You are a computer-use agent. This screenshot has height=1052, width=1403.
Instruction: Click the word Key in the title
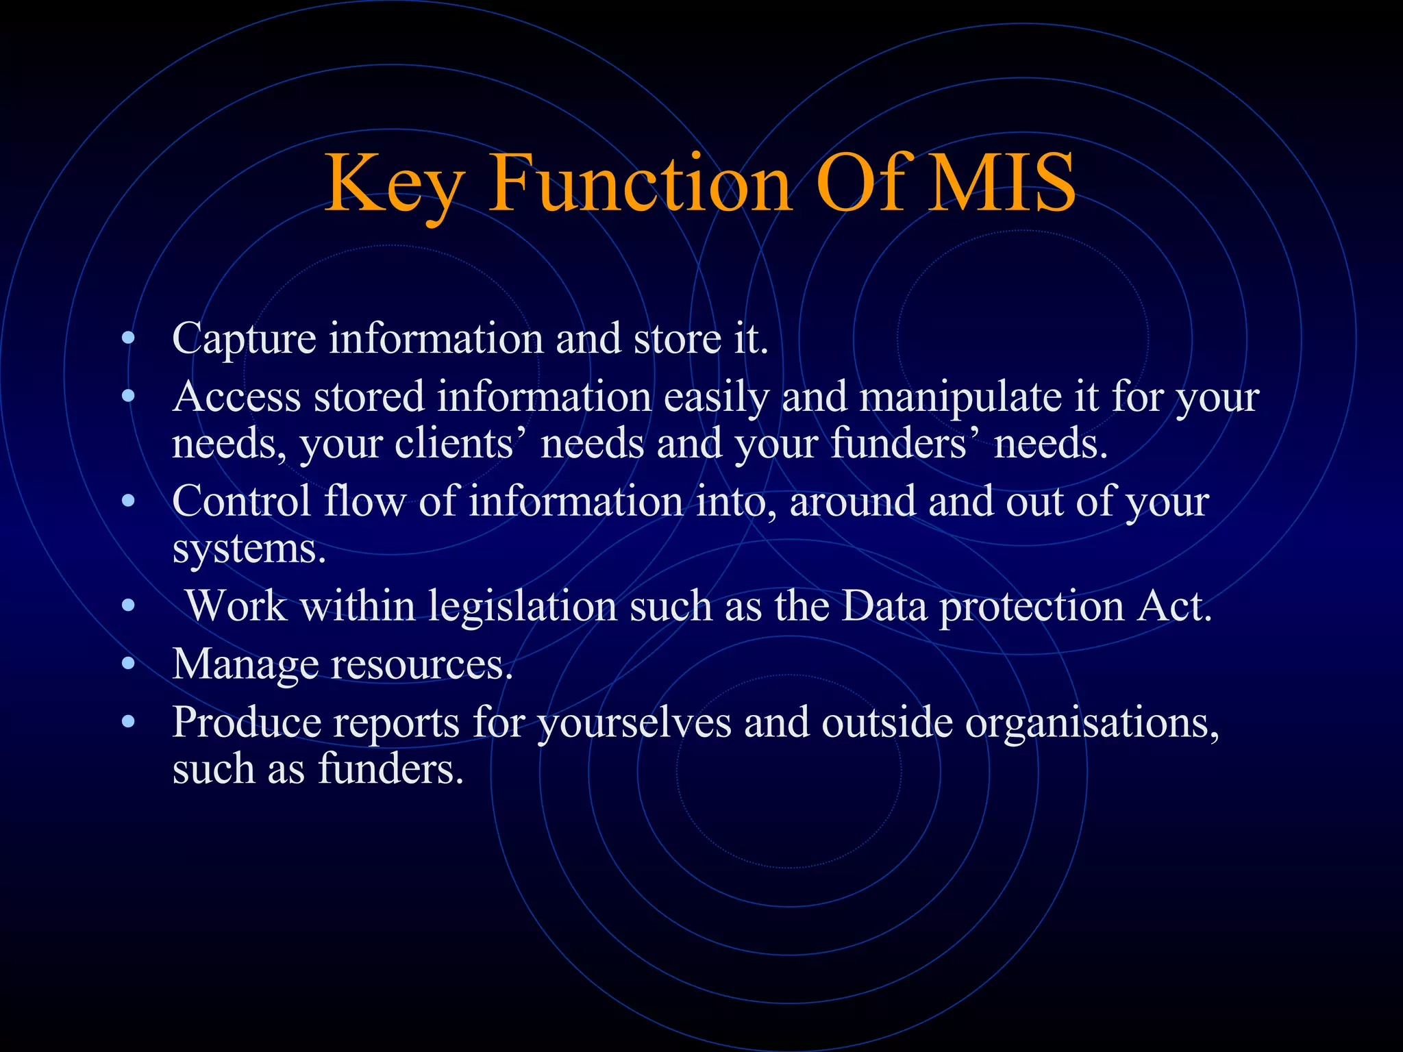point(394,184)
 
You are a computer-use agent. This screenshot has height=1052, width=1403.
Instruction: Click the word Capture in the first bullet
point(244,338)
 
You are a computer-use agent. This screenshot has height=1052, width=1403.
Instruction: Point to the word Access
point(236,397)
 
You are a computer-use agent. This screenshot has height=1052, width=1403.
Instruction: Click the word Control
point(241,501)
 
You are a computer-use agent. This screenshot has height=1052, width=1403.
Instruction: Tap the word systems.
point(249,549)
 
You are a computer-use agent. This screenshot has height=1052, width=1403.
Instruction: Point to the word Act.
point(1174,606)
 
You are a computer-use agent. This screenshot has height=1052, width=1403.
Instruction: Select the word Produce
point(247,722)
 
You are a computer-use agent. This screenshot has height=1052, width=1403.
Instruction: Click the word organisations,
point(1092,723)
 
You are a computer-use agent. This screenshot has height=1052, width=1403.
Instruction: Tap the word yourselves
point(634,722)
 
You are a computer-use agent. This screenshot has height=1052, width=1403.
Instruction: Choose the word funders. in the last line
point(390,768)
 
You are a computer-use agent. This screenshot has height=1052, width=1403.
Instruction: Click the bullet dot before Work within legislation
point(127,605)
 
